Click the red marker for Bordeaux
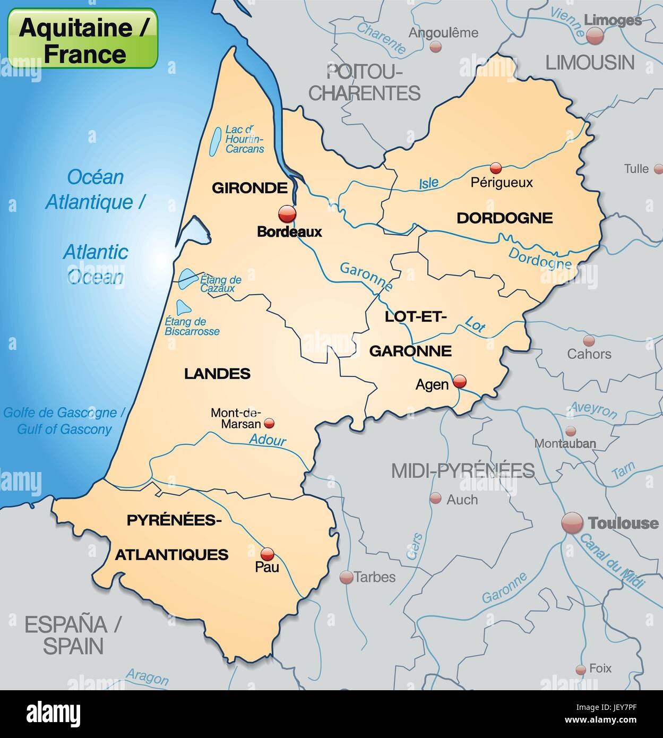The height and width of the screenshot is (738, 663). [x=287, y=214]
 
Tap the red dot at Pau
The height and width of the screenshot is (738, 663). [x=268, y=554]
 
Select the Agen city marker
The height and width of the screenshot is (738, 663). [x=459, y=381]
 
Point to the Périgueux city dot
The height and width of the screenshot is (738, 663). [x=496, y=168]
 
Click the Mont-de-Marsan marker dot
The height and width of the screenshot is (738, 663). [x=269, y=423]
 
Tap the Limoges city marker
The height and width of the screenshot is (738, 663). [x=595, y=36]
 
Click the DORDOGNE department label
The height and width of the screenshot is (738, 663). [x=504, y=218]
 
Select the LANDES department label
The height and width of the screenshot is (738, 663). [x=217, y=374]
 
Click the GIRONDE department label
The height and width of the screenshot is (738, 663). [x=249, y=187]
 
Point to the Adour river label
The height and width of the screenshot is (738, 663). [x=268, y=440]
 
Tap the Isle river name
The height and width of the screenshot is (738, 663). [x=429, y=183]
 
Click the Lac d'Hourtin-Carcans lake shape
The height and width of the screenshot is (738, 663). [x=215, y=142]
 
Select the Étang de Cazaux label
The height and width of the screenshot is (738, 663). [x=220, y=284]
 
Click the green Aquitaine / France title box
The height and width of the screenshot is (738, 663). [x=83, y=38]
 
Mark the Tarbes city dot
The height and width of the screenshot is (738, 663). [x=346, y=577]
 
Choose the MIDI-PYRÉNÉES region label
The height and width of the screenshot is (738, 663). [x=463, y=470]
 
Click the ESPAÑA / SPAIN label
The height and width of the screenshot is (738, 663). [x=73, y=635]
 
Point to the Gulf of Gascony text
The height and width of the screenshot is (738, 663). [x=64, y=429]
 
